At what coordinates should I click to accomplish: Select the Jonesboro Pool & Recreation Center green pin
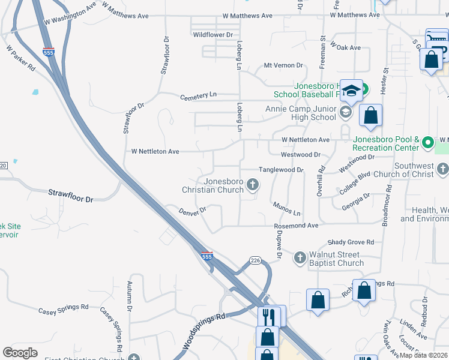tap(427, 143)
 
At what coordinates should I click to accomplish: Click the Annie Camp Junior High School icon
tap(345, 112)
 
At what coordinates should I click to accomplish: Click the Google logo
tap(20, 353)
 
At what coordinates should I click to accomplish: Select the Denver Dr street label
tap(193, 211)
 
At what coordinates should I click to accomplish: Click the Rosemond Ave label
tap(296, 226)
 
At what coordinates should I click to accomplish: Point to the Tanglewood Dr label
tap(281, 170)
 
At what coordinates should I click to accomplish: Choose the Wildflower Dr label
tap(212, 35)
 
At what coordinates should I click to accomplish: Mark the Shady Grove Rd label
tap(351, 242)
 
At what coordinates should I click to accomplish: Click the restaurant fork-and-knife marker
tap(268, 314)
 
